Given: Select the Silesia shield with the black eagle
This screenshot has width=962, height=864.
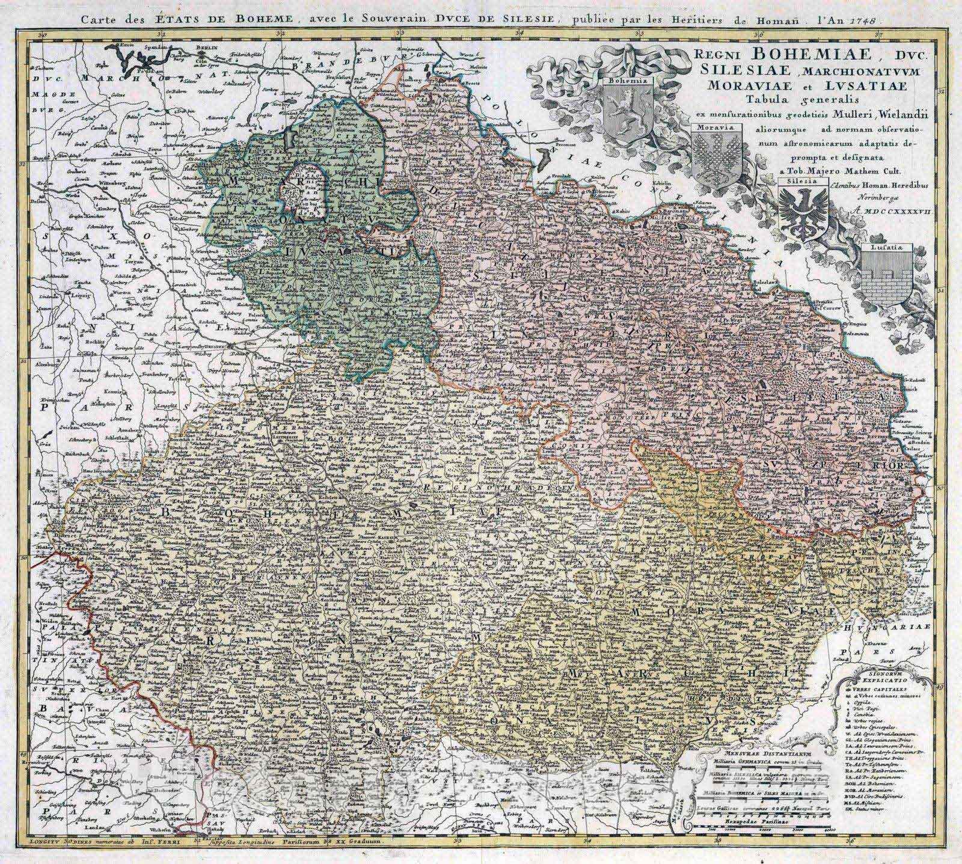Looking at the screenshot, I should (801, 208).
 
